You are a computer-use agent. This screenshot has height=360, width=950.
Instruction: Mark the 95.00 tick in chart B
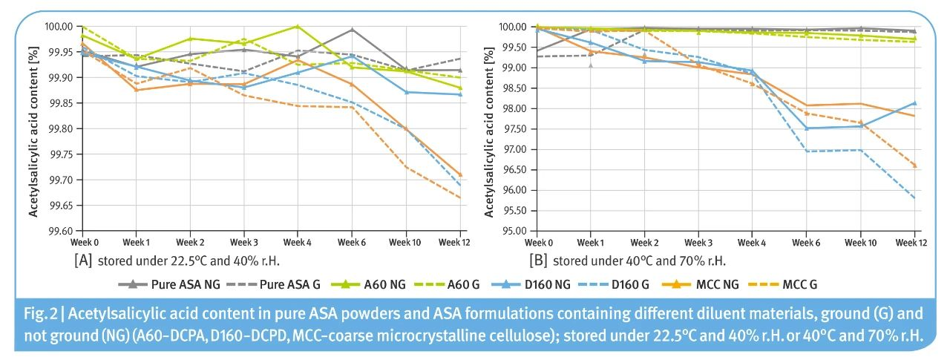click(x=514, y=231)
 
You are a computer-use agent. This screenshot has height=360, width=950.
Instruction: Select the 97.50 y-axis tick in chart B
click(x=514, y=128)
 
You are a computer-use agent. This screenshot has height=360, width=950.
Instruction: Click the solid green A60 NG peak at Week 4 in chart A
click(x=298, y=26)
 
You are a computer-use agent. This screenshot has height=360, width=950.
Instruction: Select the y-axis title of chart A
click(x=33, y=128)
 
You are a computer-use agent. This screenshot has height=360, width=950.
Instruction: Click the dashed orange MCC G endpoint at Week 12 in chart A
click(x=460, y=197)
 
